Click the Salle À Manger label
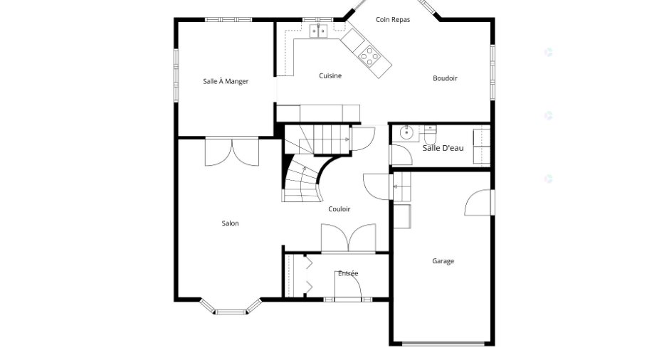click(x=226, y=81)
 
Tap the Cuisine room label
click(x=330, y=75)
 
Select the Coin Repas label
click(x=393, y=20)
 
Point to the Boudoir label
click(x=445, y=78)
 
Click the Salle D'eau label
click(x=443, y=148)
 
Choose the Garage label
click(x=443, y=261)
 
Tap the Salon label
click(x=230, y=223)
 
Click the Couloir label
click(x=339, y=209)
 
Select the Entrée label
click(x=348, y=273)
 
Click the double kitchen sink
click(x=318, y=31)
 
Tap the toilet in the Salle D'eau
click(x=430, y=135)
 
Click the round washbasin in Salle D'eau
click(x=406, y=132)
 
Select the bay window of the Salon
click(x=231, y=307)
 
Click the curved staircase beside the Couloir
click(x=304, y=179)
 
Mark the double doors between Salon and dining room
click(x=232, y=152)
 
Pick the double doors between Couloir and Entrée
click(x=349, y=238)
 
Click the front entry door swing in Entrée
click(x=348, y=286)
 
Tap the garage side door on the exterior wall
click(x=479, y=203)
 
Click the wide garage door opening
click(x=444, y=344)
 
